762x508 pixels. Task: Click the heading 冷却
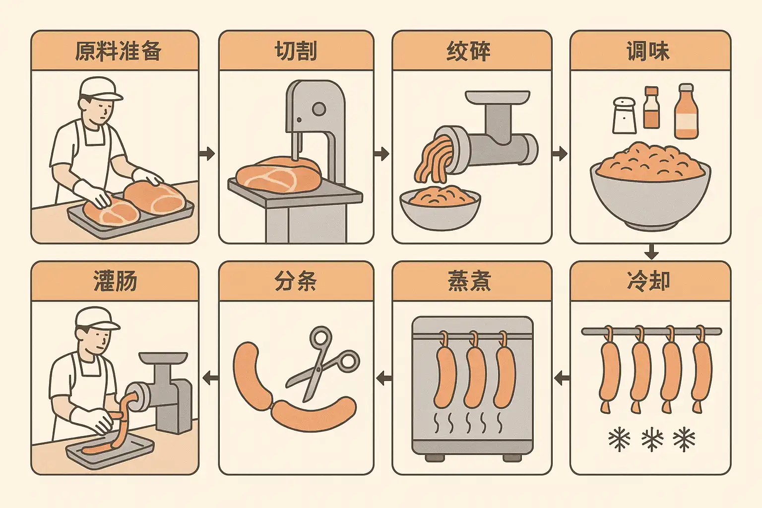pyautogui.click(x=649, y=282)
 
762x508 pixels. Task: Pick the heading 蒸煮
pyautogui.click(x=469, y=282)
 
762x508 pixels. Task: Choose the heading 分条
pyautogui.click(x=296, y=282)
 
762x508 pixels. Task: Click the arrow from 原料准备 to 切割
pyautogui.click(x=207, y=154)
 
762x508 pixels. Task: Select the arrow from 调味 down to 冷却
pyautogui.click(x=651, y=252)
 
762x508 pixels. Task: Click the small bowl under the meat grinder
pyautogui.click(x=440, y=208)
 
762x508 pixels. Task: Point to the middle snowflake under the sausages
pyautogui.click(x=652, y=440)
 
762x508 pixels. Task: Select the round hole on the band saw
pyautogui.click(x=318, y=109)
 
